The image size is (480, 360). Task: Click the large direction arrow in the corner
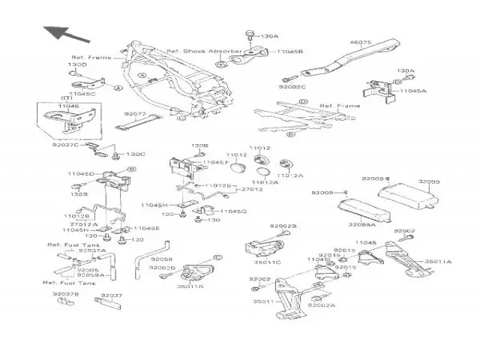tap(61, 34)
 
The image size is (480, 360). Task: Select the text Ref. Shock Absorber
tap(198, 44)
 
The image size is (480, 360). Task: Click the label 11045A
tap(413, 90)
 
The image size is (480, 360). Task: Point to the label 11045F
tap(215, 163)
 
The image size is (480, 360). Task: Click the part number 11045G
tap(233, 212)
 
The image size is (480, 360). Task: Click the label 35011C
tap(267, 262)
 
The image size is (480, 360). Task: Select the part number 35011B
tap(190, 286)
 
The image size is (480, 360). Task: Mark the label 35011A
tap(438, 262)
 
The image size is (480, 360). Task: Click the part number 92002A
tap(322, 305)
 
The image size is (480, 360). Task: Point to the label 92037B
tap(66, 295)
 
